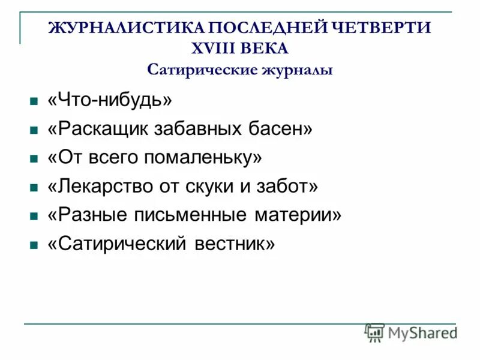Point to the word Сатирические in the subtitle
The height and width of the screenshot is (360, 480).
(x=201, y=69)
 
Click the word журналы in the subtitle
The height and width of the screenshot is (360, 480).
(x=296, y=69)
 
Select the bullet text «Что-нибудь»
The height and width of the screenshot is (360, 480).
(x=110, y=100)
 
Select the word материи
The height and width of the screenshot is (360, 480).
(x=297, y=215)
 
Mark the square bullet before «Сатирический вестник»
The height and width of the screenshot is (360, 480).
(x=34, y=245)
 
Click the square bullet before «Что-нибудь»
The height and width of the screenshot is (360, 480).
(x=34, y=101)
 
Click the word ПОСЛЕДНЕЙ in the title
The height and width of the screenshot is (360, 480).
(x=266, y=28)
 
